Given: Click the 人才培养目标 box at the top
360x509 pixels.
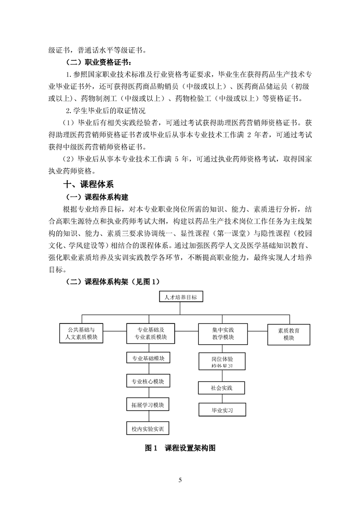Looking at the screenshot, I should (181, 297).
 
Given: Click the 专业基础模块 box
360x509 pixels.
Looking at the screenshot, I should (148, 358).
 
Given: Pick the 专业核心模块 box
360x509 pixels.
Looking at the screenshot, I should (148, 382).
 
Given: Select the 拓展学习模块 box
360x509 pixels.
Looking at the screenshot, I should (148, 405).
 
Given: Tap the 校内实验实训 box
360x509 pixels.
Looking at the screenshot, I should (148, 428).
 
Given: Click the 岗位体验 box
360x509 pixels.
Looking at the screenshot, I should (222, 361).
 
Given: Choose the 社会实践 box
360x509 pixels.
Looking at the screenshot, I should (222, 388).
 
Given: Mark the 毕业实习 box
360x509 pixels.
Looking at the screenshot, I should (222, 410).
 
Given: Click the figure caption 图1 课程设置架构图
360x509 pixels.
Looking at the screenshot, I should (180, 448).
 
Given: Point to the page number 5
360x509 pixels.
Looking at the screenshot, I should (180, 480).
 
